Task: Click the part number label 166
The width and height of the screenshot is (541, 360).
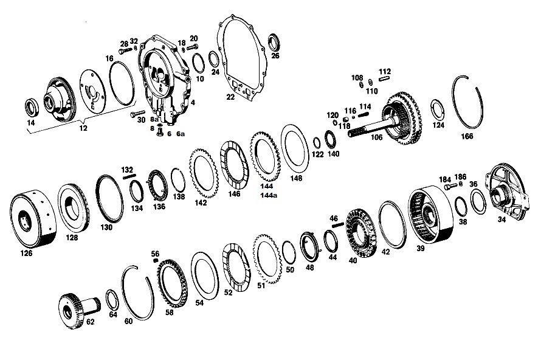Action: tap(467, 136)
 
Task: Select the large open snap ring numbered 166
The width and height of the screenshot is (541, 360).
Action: tap(455, 103)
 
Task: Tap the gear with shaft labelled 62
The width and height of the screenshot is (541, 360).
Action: tap(80, 310)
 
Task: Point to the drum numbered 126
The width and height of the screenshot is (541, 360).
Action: tap(33, 221)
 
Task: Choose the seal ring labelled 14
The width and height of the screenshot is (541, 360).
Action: tap(32, 108)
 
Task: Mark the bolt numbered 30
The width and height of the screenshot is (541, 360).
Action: tap(138, 113)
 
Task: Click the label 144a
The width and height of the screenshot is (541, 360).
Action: tap(269, 195)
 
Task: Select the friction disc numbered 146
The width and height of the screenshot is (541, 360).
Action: tap(235, 164)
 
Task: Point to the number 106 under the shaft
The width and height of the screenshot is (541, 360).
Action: tap(377, 137)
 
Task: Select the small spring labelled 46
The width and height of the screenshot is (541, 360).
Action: tap(337, 225)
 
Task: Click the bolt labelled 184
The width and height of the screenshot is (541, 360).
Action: tap(450, 187)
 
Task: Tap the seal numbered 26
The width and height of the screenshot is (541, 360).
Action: tap(275, 43)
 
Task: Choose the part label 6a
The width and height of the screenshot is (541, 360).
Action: tap(181, 134)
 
